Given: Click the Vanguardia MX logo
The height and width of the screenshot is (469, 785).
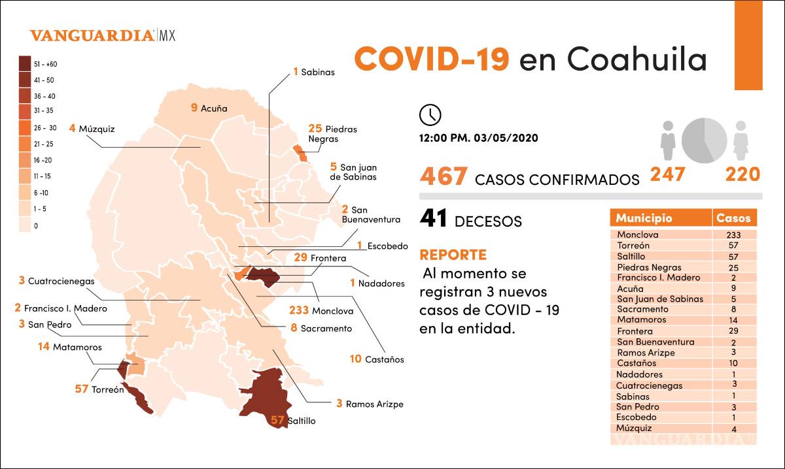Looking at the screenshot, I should click(103, 35).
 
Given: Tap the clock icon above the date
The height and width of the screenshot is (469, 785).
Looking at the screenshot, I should click(430, 114).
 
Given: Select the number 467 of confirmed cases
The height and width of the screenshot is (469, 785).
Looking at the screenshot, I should click(444, 176).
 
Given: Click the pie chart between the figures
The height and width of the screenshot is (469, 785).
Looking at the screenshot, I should click(704, 140).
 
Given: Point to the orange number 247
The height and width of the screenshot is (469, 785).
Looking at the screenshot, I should click(667, 174).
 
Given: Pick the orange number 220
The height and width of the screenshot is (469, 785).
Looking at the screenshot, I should click(742, 174).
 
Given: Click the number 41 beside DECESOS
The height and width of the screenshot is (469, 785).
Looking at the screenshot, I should click(433, 219).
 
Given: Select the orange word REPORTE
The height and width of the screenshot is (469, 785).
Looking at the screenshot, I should click(453, 255).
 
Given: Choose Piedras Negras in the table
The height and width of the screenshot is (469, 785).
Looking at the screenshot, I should click(648, 267).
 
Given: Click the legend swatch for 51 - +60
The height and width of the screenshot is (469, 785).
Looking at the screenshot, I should click(26, 64).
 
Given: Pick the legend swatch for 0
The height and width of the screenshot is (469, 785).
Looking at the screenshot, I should click(26, 225).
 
